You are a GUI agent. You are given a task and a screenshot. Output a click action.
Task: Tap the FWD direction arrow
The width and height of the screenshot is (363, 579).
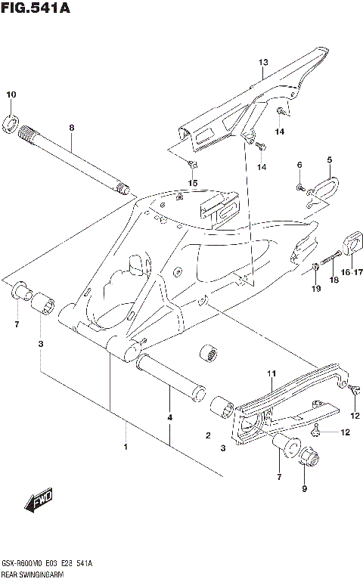(37, 500)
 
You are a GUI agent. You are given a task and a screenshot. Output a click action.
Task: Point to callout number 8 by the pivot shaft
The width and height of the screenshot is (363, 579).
(72, 128)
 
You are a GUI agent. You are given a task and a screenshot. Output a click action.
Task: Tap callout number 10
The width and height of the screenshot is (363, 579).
(11, 94)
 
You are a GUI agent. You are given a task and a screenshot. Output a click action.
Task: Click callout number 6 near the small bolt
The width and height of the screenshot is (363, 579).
(299, 165)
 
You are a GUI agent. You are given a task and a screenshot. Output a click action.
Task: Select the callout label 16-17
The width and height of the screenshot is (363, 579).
(352, 272)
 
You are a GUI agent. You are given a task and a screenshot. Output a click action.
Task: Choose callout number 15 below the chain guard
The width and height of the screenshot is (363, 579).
(193, 183)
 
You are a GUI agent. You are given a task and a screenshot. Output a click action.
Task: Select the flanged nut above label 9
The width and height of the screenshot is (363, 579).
(310, 457)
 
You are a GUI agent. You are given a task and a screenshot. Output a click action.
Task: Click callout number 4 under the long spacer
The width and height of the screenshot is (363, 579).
(170, 417)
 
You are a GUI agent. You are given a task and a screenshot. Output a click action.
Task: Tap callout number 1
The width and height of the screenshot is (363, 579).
(126, 447)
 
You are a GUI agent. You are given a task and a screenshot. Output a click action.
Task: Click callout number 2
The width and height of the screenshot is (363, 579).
(207, 435)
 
